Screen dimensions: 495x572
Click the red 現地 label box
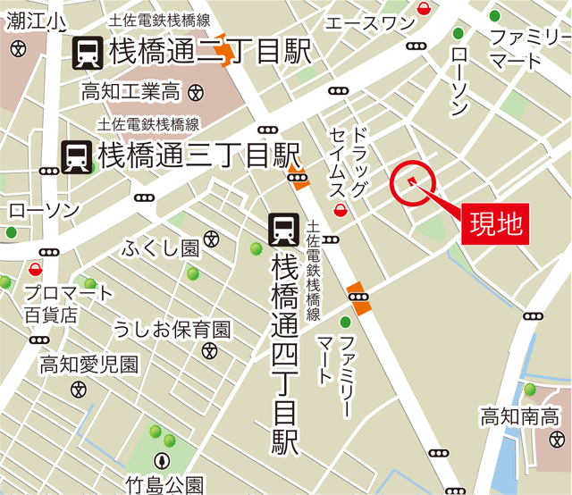[x=495, y=218]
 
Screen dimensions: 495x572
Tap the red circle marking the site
[x=413, y=183]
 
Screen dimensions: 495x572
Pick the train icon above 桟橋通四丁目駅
[x=284, y=230]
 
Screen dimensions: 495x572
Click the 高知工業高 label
[x=130, y=90]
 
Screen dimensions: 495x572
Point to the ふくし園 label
[x=162, y=247]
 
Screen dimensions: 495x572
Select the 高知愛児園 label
[x=88, y=365]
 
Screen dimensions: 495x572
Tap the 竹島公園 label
[x=164, y=484]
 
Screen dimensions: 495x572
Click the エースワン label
[x=369, y=22]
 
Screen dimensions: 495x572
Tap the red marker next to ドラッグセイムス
[x=341, y=211]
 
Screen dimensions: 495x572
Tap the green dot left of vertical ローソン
[x=458, y=35]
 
